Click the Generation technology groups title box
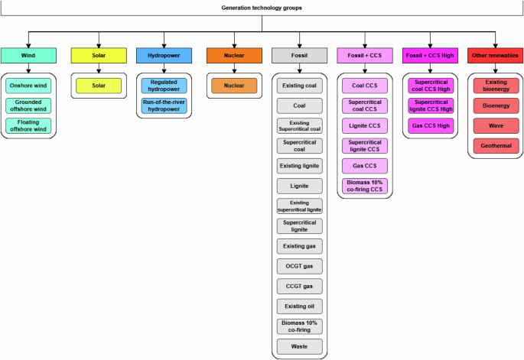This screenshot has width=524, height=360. (x=262, y=8)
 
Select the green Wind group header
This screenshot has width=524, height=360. (x=28, y=55)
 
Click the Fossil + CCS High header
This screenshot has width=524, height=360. (x=430, y=55)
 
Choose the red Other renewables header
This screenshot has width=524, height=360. (x=494, y=55)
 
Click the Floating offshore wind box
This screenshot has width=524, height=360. (x=28, y=126)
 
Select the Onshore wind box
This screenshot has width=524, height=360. (x=28, y=86)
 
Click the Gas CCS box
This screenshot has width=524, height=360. (x=364, y=165)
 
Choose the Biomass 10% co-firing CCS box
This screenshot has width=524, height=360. (x=364, y=186)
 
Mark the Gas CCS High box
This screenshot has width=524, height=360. (x=430, y=125)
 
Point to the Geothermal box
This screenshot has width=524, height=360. (x=494, y=145)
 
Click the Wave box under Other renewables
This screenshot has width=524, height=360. (x=494, y=125)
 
